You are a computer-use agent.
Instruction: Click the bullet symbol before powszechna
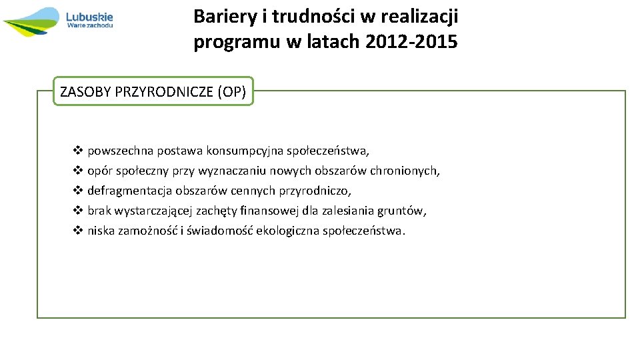click(77, 151)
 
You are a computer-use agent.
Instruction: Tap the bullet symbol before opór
click(77, 171)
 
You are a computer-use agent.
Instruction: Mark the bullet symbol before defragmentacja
click(77, 191)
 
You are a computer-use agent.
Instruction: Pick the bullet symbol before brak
click(77, 211)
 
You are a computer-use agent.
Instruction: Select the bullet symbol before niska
click(77, 231)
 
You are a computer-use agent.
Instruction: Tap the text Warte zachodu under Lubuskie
click(90, 25)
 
